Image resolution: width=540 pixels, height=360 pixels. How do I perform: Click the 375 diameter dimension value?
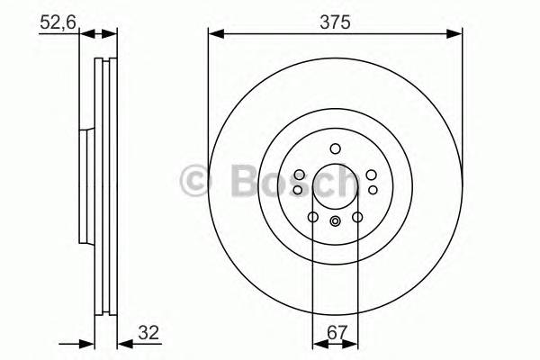(334, 20)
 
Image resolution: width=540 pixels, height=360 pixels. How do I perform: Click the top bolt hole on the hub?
(335, 149)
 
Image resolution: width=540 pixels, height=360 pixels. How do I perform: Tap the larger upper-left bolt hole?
(299, 175)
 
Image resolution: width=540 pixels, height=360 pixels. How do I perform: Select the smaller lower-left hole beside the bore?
(299, 190)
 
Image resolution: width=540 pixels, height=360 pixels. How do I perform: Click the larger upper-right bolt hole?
(371, 175)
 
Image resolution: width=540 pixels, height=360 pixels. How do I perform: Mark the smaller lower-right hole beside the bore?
(371, 190)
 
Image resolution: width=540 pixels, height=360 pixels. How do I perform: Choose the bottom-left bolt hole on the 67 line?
(312, 217)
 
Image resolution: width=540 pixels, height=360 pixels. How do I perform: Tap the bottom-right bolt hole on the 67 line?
(357, 217)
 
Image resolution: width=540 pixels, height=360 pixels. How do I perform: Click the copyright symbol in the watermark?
(196, 181)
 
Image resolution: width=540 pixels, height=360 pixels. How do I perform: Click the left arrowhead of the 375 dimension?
(214, 35)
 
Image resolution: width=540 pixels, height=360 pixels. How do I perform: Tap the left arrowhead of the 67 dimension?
(318, 343)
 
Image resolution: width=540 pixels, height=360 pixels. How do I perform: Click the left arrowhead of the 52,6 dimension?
(85, 35)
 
